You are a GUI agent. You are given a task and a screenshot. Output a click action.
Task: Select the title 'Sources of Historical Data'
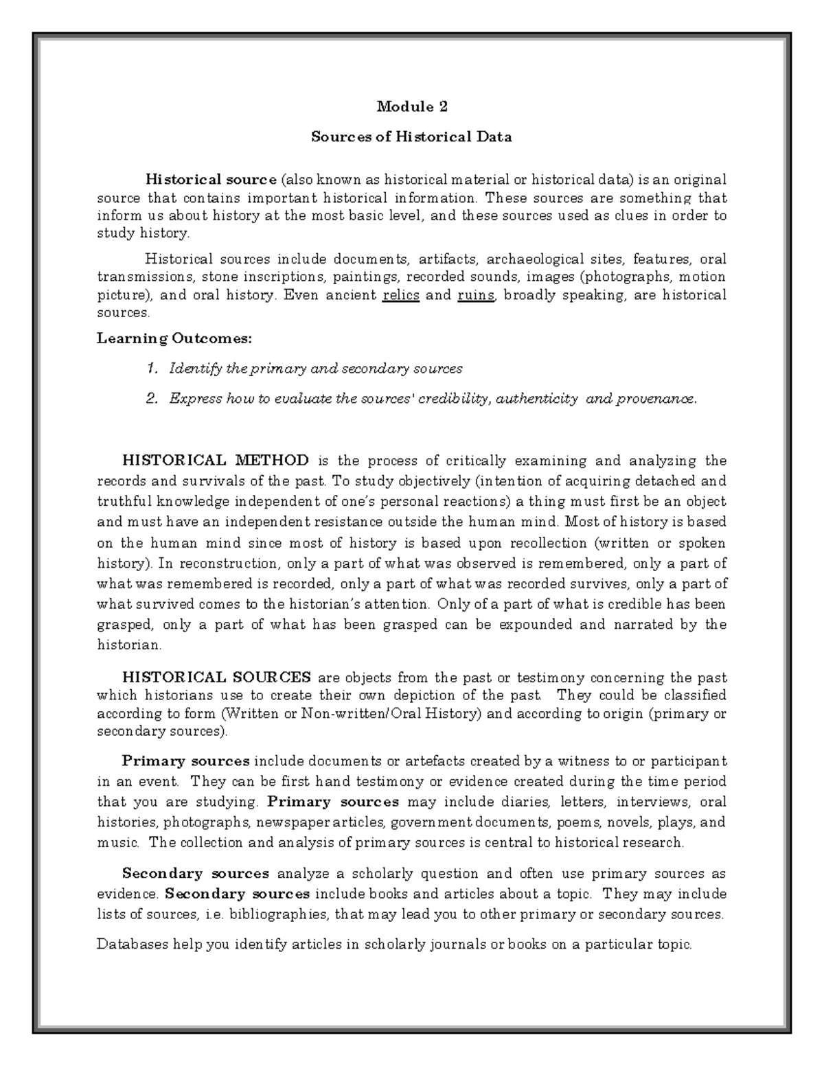(x=412, y=137)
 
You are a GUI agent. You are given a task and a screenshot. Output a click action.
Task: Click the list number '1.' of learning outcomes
(x=152, y=369)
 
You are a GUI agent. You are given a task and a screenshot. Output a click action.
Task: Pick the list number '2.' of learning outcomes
(x=152, y=399)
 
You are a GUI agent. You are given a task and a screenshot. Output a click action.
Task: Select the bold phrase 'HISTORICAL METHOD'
(x=215, y=460)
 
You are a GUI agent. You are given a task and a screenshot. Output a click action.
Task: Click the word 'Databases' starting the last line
(x=129, y=945)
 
